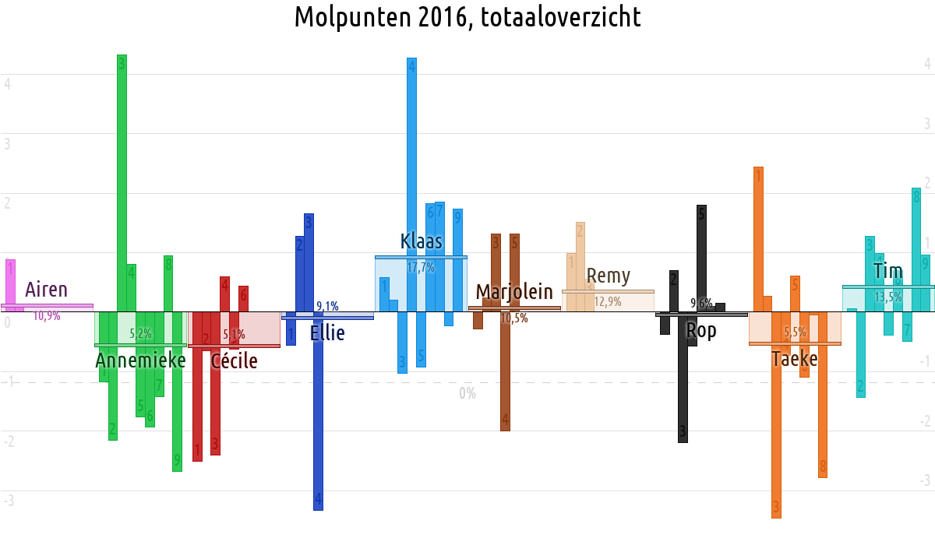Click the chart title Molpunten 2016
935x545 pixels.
pyautogui.click(x=467, y=17)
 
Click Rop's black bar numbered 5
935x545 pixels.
pyautogui.click(x=701, y=258)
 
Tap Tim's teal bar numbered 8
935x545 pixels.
pyautogui.click(x=916, y=249)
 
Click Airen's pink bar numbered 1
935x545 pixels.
pyautogui.click(x=10, y=285)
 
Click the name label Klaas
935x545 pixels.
pyautogui.click(x=422, y=241)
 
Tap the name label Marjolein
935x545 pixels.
pyautogui.click(x=514, y=293)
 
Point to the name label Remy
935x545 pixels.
pyautogui.click(x=609, y=276)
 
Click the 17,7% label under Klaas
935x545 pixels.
pyautogui.click(x=421, y=268)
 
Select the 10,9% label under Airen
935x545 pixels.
pyautogui.click(x=47, y=316)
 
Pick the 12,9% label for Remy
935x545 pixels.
pyautogui.click(x=608, y=302)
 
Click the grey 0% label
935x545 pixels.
pyautogui.click(x=467, y=394)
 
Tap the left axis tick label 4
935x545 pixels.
pyautogui.click(x=7, y=83)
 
